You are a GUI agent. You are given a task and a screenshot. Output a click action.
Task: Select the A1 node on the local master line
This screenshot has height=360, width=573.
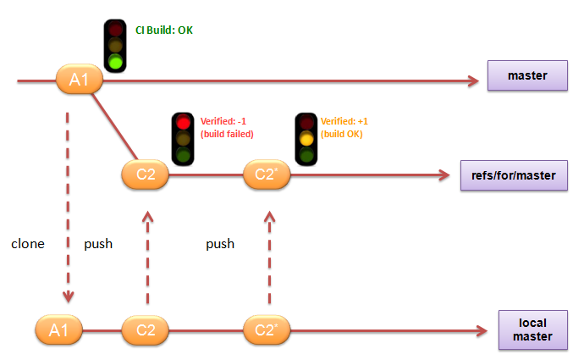[x=58, y=330]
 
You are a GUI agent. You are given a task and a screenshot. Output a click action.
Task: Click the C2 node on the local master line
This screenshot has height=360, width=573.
[x=146, y=330]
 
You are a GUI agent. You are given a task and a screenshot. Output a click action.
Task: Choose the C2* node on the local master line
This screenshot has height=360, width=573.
[x=267, y=330]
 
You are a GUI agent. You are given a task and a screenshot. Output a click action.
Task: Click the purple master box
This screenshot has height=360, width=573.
[x=527, y=77]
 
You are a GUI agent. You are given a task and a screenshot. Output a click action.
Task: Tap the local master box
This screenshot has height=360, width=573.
[x=532, y=330]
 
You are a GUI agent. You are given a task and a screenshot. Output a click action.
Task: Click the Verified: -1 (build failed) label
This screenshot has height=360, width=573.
[x=227, y=127]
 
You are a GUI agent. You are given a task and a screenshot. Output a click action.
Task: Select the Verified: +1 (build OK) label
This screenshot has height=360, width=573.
[x=345, y=127]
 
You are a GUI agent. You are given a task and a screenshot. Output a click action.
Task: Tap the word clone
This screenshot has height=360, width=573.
[x=27, y=244]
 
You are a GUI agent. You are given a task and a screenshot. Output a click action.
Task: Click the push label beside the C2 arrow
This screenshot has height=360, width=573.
[x=98, y=244]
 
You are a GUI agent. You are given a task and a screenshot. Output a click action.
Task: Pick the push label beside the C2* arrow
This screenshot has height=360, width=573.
[x=220, y=244]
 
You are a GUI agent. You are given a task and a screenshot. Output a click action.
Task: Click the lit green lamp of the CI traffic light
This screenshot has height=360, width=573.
[x=115, y=61]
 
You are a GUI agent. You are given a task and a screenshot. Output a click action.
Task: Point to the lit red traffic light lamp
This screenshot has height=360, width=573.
[x=182, y=123]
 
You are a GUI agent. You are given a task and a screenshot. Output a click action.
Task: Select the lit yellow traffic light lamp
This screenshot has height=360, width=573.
[x=305, y=139]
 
